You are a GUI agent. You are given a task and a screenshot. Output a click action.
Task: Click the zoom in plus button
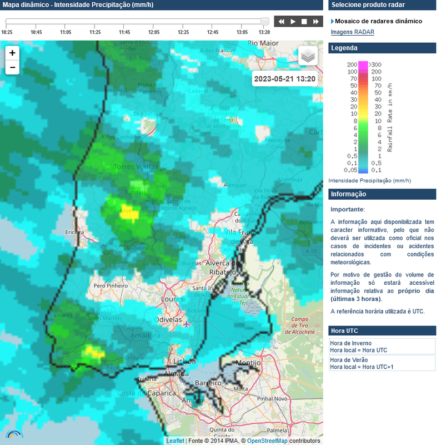click(12, 53)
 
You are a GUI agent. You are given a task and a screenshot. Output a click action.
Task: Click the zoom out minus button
click(12, 68)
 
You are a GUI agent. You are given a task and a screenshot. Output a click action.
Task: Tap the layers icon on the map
click(308, 56)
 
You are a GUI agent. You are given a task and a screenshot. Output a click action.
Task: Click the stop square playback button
click(304, 22)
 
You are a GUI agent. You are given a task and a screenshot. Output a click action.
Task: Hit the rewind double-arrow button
click(282, 22)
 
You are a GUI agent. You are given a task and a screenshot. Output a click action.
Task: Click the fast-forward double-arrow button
click(316, 22)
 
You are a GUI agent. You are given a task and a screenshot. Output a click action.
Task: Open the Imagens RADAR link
click(352, 32)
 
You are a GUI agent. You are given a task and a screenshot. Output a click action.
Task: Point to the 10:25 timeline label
click(7, 32)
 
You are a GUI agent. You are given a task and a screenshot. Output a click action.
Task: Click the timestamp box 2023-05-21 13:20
click(284, 79)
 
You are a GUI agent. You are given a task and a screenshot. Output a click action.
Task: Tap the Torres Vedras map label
click(136, 167)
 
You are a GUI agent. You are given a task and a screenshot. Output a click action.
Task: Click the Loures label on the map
click(171, 299)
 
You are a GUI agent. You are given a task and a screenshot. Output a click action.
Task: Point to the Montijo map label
click(248, 363)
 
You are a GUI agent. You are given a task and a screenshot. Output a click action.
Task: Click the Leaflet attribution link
click(175, 441)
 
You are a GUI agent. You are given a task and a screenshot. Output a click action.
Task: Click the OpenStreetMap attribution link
click(267, 441)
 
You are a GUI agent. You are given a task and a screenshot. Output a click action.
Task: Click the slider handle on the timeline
click(265, 21)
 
